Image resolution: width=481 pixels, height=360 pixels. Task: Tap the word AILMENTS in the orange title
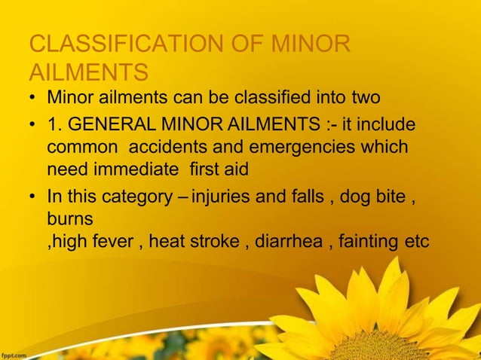click(x=87, y=74)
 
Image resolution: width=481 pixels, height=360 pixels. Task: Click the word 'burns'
click(x=70, y=219)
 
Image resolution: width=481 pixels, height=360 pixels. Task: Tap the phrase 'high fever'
click(x=93, y=242)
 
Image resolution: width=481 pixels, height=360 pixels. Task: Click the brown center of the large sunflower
click(x=377, y=348)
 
